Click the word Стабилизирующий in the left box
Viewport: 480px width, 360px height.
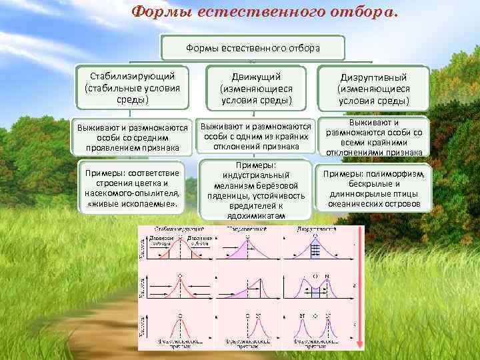pos(131,76)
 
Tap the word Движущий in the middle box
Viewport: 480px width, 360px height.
pos(256,77)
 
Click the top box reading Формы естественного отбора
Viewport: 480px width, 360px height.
pos(253,48)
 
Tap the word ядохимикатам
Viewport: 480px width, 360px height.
pos(256,216)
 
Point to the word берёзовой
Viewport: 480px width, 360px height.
pos(278,186)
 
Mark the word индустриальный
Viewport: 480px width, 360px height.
pos(256,175)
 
